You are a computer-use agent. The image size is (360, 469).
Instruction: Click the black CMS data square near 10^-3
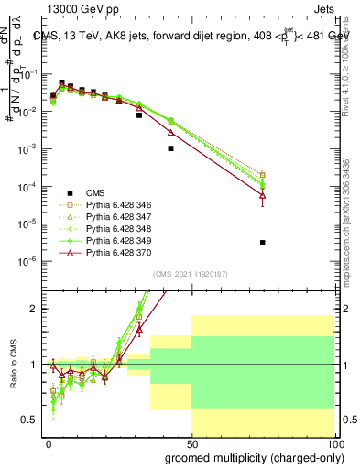170,147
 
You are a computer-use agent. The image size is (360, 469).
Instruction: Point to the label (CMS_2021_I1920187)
190,274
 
